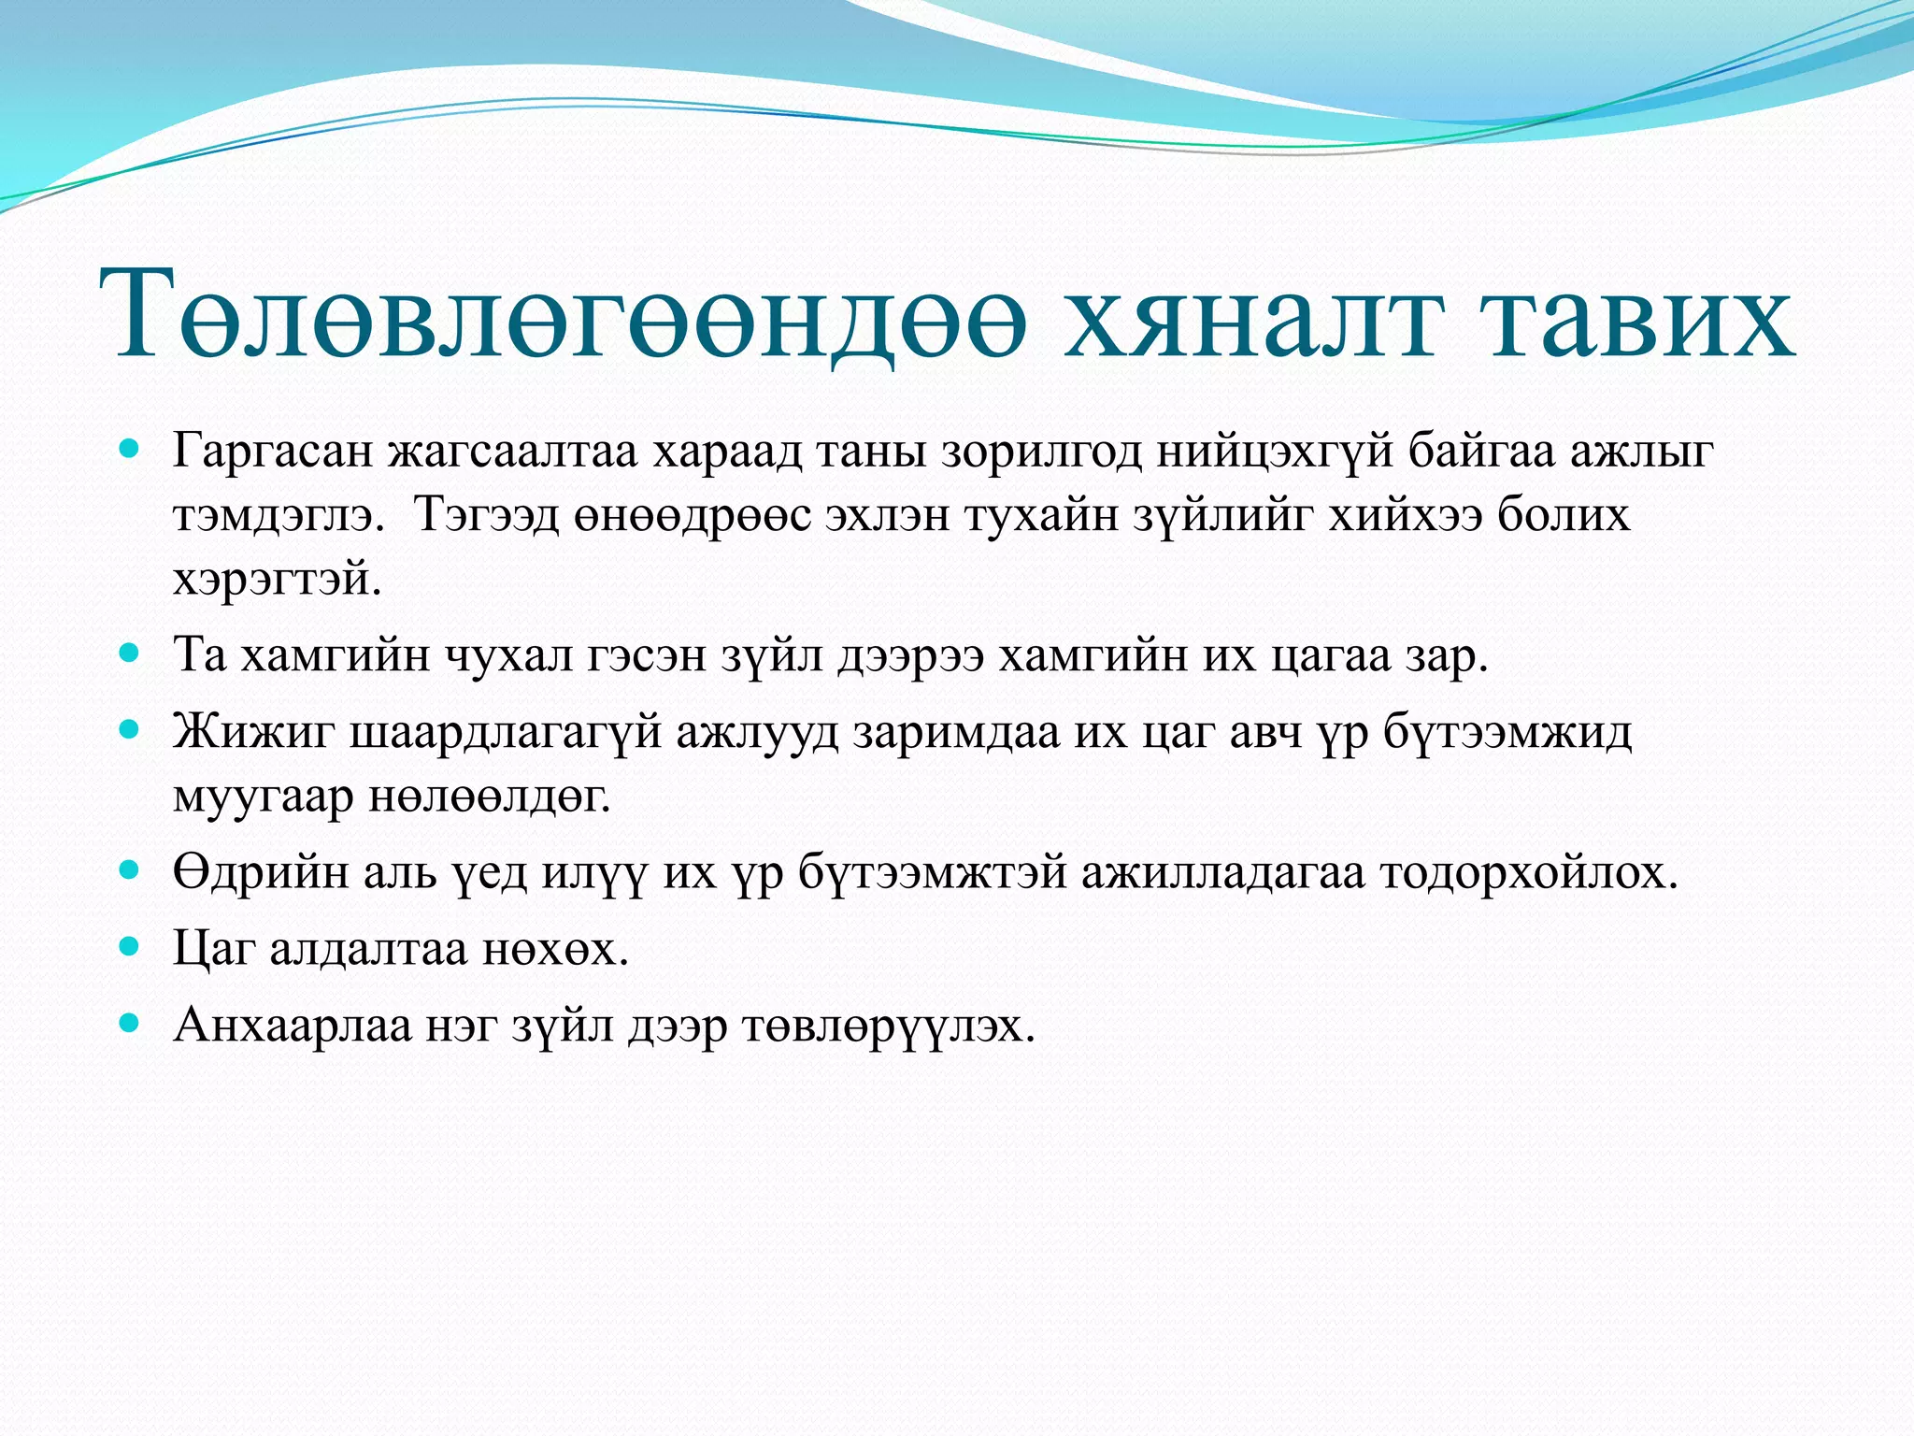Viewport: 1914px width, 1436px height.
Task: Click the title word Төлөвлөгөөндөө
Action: click(570, 316)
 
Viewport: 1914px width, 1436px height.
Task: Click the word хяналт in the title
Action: click(1250, 316)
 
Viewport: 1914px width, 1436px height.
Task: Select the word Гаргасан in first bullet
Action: click(274, 452)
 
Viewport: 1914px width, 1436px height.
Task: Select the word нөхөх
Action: click(555, 950)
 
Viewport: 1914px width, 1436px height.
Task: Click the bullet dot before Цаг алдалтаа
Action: click(130, 947)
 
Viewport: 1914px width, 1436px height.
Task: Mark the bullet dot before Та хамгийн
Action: click(130, 652)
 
